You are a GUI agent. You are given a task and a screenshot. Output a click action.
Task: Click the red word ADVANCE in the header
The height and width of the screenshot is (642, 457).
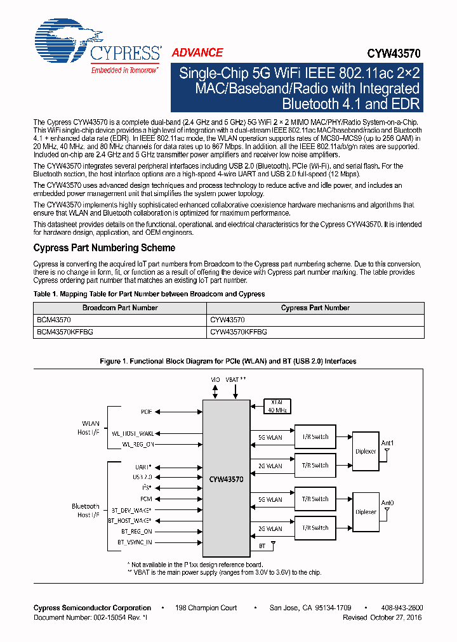[x=197, y=53]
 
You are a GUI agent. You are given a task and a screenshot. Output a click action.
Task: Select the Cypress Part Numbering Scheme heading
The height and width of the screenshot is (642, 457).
[x=104, y=247]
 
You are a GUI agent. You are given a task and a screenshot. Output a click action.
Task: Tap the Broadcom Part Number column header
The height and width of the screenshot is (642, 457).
[x=120, y=308]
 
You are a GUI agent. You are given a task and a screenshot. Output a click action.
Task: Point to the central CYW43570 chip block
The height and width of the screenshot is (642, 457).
[x=226, y=479]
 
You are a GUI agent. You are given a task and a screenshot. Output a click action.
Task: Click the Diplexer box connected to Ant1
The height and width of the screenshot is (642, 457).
[x=366, y=452]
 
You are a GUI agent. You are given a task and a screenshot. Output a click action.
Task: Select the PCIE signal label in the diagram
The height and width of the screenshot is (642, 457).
[x=147, y=412]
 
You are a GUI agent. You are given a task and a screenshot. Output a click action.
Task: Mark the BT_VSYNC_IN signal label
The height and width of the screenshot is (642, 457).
[x=135, y=542]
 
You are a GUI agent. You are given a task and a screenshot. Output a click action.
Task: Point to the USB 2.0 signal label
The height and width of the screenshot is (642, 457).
[x=142, y=476]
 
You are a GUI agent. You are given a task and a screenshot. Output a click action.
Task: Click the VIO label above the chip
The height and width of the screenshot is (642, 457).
[x=215, y=379]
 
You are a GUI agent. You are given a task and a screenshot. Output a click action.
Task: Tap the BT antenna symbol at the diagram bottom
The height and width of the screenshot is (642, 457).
[x=273, y=544]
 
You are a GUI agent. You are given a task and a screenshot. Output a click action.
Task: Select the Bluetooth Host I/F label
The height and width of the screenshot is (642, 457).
[x=85, y=511]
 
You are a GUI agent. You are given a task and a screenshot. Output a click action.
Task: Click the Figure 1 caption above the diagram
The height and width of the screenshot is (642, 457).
[x=228, y=361]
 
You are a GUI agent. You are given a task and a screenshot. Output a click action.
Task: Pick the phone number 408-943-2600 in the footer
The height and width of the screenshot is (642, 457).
[x=402, y=608]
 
